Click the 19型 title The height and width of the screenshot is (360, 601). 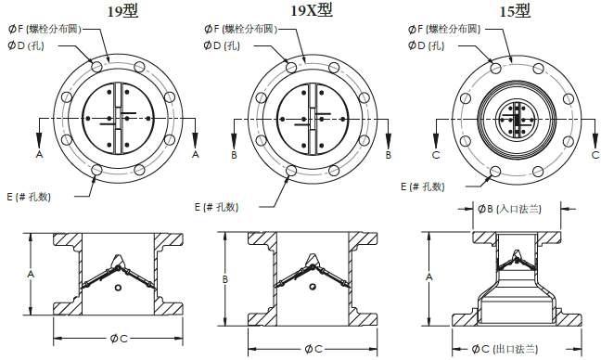pos(122,11)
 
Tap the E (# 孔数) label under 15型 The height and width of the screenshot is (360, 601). pos(423,186)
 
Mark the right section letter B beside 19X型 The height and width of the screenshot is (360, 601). pos(389,154)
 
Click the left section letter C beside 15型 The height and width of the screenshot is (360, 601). pos(435,154)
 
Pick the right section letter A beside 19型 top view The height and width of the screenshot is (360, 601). pos(195,154)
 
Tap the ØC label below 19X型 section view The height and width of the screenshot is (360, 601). pos(313,348)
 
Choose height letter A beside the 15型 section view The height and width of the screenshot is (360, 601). pos(428,276)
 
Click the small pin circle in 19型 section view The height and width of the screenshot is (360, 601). pos(117,289)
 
